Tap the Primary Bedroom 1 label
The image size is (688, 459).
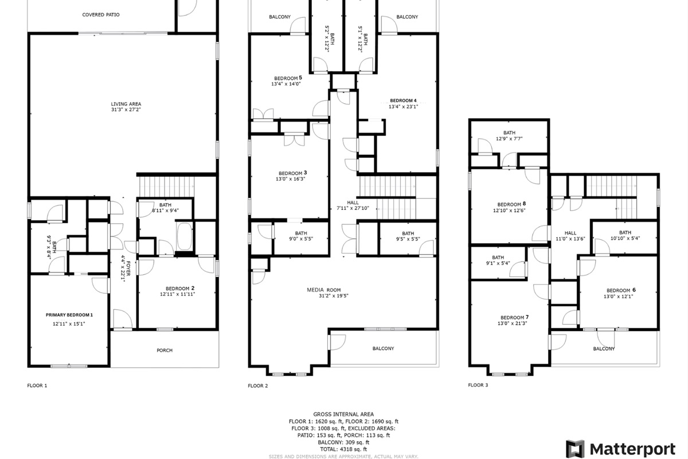[x=69, y=315]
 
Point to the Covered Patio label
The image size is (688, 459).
[x=101, y=14]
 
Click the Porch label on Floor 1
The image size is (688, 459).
[x=165, y=350]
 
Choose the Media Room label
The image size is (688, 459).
[x=324, y=290]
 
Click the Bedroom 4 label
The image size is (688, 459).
[x=403, y=100]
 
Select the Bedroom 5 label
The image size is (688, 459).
[x=288, y=78]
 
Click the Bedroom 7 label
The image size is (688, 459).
[x=514, y=317]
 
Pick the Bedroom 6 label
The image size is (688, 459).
[x=621, y=290]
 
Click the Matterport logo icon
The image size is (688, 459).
[x=575, y=449]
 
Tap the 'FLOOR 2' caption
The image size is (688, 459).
[x=258, y=386]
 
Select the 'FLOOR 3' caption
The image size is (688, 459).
[x=478, y=385]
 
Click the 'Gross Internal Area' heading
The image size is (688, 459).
[x=343, y=414]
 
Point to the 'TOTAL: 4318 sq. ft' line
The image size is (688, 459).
[x=343, y=449]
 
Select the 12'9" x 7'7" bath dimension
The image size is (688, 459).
[x=509, y=139]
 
